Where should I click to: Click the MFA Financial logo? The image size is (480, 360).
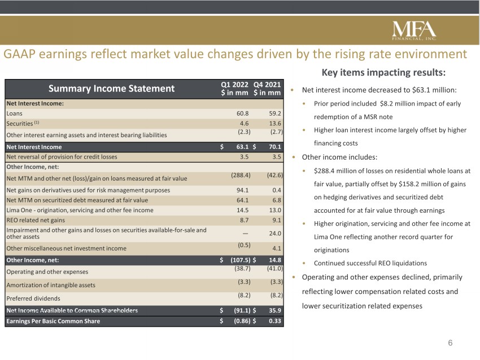click(414, 31)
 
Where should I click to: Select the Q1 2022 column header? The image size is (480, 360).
click(234, 89)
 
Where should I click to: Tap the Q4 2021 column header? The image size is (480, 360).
click(267, 89)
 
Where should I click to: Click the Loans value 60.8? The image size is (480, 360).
click(242, 113)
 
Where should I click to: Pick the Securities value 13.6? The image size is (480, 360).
click(275, 124)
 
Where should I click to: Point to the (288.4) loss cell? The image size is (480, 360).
click(241, 175)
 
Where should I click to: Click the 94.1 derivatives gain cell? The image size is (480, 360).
click(242, 190)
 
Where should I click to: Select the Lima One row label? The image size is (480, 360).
click(80, 210)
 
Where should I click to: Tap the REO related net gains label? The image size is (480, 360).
click(36, 220)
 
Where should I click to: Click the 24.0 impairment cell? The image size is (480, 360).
click(275, 234)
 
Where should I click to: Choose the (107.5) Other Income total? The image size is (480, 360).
click(241, 260)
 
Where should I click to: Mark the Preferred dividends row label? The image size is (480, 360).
click(33, 298)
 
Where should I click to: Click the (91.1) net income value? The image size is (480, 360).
click(242, 310)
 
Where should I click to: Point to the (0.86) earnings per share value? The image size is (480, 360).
click(242, 321)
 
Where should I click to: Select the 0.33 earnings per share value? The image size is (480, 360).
click(275, 321)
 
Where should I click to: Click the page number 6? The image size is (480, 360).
click(450, 343)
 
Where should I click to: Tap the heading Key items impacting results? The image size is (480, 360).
click(383, 72)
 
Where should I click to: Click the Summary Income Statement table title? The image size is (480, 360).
click(111, 89)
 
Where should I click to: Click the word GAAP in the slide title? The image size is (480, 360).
click(19, 54)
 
